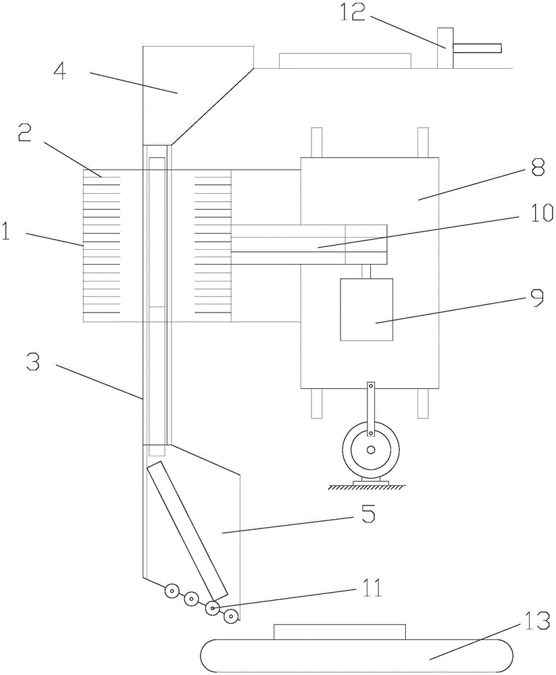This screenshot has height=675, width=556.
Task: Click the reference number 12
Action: [353, 13]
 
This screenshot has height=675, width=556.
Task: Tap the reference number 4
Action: [60, 71]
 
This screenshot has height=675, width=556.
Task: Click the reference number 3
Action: [33, 362]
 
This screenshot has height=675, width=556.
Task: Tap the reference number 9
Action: [537, 298]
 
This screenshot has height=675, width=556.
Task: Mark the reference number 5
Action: [368, 513]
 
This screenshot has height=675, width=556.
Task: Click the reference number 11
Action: [372, 588]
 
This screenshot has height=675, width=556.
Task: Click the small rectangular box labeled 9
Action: [366, 310]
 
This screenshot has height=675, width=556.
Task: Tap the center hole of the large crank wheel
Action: [371, 450]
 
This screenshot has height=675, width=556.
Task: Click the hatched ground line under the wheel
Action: [366, 487]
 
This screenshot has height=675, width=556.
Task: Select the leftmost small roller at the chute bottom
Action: [172, 591]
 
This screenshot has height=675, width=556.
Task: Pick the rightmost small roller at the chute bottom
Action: [232, 617]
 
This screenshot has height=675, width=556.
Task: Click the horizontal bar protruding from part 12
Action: [477, 48]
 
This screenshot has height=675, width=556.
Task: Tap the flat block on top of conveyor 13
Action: [340, 632]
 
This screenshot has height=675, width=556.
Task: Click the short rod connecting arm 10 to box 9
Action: [366, 271]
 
